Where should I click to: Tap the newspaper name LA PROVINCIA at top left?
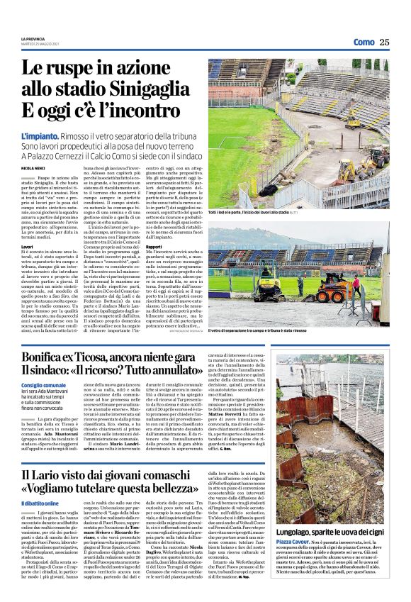coord(33,38)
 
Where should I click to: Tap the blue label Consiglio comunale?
coord(43,384)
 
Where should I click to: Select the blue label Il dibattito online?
coord(40,503)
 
